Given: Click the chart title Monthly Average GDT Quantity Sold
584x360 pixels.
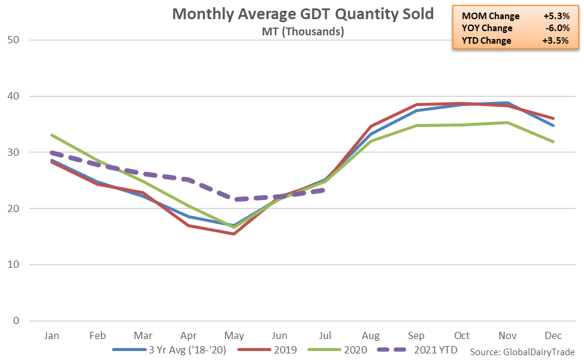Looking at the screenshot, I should click(x=302, y=14).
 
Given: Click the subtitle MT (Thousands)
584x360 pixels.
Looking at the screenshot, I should click(x=302, y=32).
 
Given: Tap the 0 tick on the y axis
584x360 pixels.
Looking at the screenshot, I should click(x=17, y=321).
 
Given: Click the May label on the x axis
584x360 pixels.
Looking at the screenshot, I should click(x=234, y=335).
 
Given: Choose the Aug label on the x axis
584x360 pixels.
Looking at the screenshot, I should click(x=371, y=335).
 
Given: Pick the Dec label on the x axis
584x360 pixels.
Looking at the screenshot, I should click(x=553, y=335).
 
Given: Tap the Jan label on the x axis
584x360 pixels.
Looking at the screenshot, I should click(x=52, y=335).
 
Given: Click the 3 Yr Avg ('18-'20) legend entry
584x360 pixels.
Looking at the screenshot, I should click(x=185, y=350).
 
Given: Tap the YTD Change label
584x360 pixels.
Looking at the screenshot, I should click(x=486, y=41).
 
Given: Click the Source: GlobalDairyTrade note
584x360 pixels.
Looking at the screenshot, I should click(x=522, y=352).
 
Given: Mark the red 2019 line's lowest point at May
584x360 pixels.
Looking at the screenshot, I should click(x=234, y=234).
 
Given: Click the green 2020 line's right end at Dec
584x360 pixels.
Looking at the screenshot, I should click(x=553, y=142).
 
